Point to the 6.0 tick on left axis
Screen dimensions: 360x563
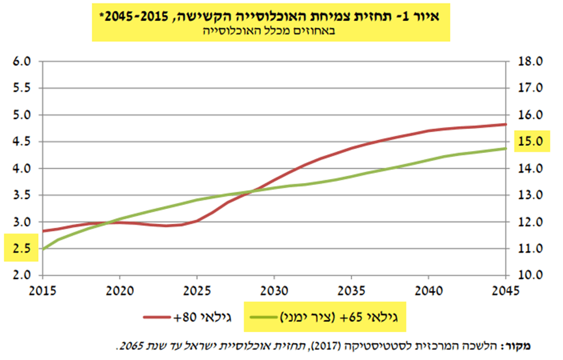click(22, 62)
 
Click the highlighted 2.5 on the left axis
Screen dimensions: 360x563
click(22, 249)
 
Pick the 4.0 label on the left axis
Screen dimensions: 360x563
click(22, 169)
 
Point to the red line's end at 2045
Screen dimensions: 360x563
click(506, 124)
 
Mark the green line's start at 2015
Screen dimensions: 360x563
click(43, 249)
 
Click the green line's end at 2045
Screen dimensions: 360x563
click(506, 148)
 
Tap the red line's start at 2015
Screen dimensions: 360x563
click(43, 231)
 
